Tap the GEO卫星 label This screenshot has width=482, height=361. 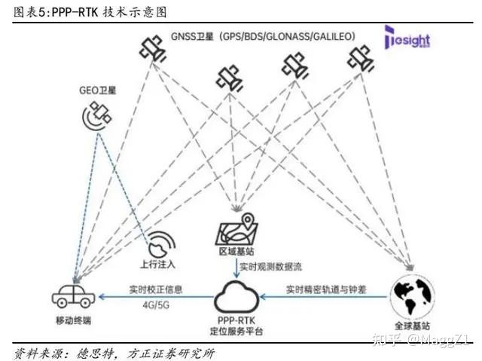[x=99, y=89]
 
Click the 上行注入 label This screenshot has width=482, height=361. [x=160, y=265]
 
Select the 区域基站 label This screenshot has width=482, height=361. [x=236, y=252]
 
